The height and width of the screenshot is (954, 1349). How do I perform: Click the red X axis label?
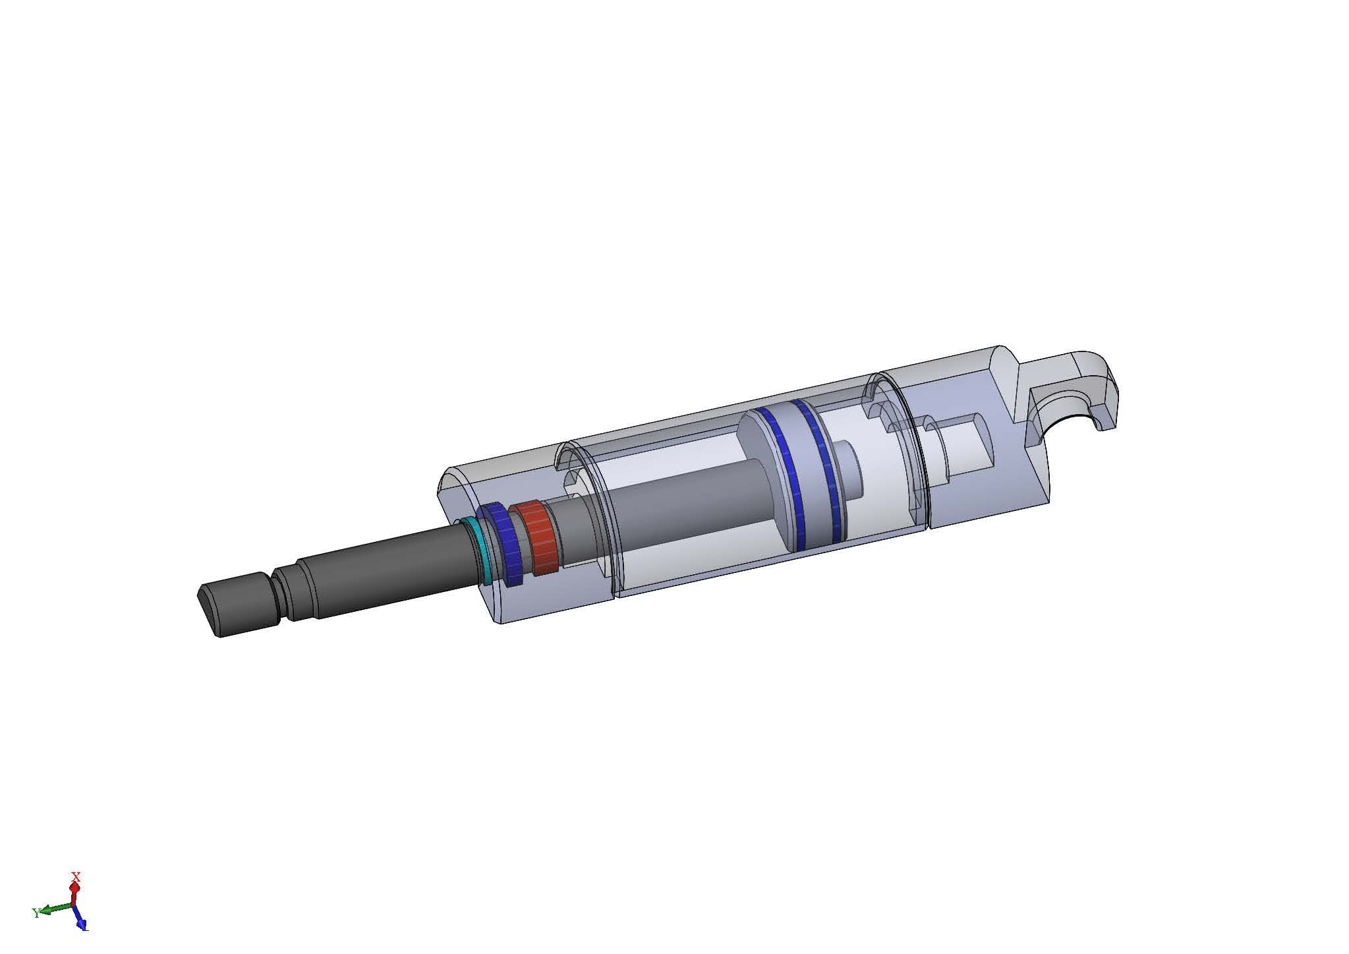(x=76, y=878)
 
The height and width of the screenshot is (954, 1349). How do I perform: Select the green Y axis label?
(x=36, y=913)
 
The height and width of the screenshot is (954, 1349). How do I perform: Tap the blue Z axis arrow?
(x=80, y=919)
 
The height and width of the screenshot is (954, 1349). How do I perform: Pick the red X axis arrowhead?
(x=74, y=887)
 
